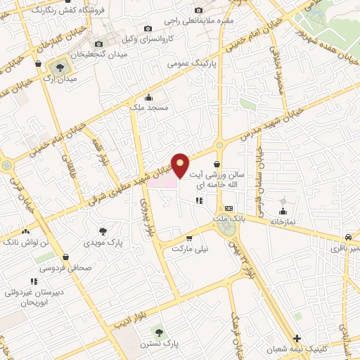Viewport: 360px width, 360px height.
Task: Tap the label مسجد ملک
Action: pos(149,108)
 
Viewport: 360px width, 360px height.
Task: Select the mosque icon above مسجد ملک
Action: pos(148,98)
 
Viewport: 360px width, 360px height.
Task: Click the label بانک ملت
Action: pos(229,219)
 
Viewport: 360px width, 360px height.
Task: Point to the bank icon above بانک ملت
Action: pos(229,209)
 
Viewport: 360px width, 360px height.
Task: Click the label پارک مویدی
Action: pos(103,243)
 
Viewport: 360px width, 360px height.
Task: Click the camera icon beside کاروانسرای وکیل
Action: pos(147,28)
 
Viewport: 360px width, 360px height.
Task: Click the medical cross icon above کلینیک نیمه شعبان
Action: pos(297,338)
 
